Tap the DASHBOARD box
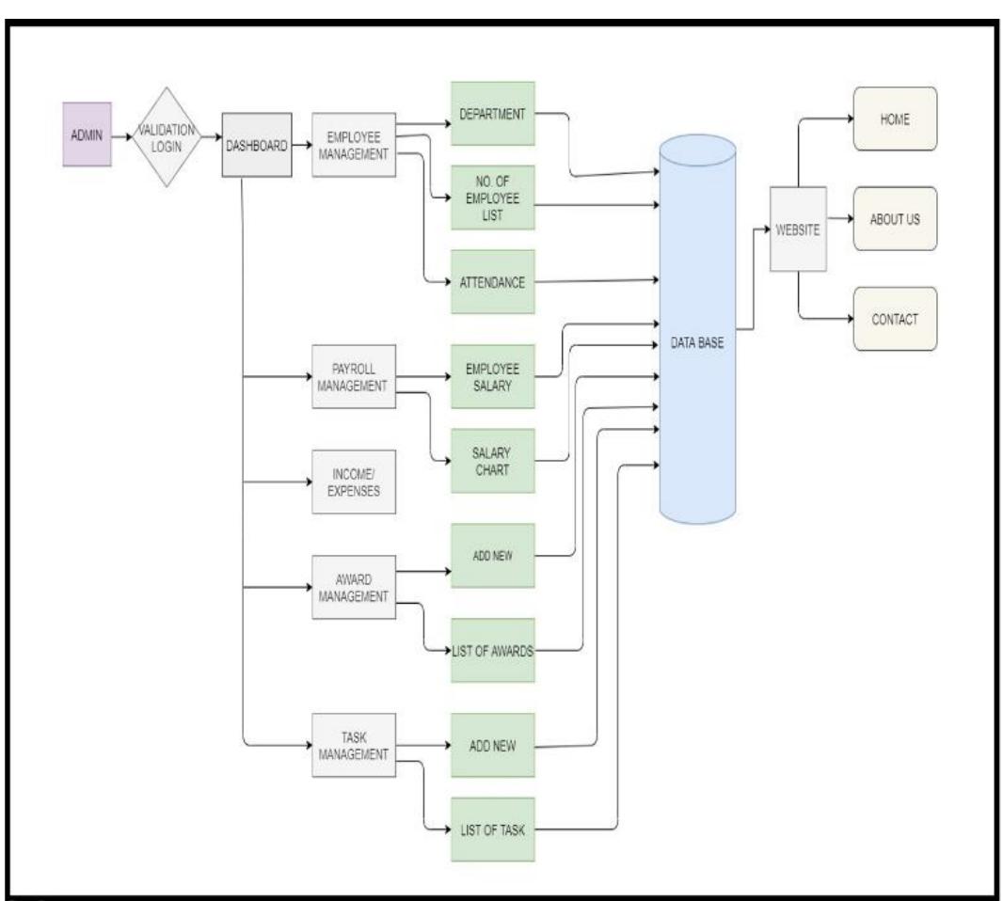[x=254, y=145]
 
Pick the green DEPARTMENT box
[x=492, y=113]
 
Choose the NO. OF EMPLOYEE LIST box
[x=492, y=197]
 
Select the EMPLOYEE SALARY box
[x=492, y=376]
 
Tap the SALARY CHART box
[x=492, y=460]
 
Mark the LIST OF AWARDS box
[x=492, y=650]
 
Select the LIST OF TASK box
[x=492, y=829]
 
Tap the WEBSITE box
[x=798, y=229]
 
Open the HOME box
[x=895, y=119]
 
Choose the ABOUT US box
[x=895, y=218]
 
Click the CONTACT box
[x=895, y=319]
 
